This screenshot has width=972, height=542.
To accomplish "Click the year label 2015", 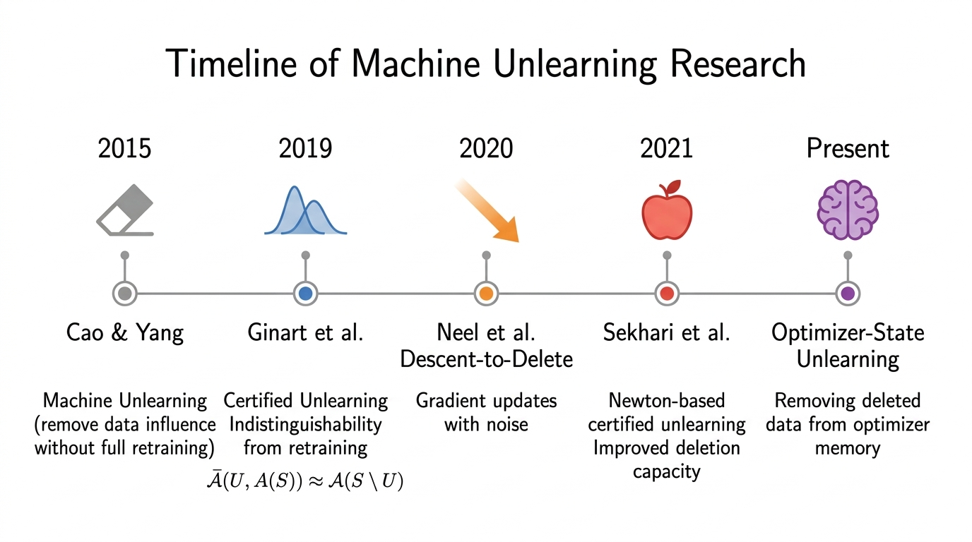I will [125, 148].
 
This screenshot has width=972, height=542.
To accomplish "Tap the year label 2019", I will [305, 148].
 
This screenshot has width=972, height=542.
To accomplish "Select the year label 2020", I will [486, 148].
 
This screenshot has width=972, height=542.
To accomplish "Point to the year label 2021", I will [666, 148].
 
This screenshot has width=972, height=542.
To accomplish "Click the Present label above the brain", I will [848, 148].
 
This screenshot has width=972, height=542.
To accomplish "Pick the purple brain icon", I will [848, 210].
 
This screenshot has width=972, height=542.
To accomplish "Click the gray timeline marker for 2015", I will [125, 294].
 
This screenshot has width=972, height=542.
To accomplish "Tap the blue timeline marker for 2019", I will [305, 294].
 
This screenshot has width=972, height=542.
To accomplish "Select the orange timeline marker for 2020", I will [486, 294].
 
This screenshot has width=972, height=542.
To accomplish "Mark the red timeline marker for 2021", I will [666, 294].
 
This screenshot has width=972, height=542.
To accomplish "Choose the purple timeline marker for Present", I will [848, 294].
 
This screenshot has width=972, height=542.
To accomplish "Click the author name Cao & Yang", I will [125, 332].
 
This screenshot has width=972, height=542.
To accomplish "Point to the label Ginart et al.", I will [305, 332].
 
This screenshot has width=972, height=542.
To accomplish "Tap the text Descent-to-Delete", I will [486, 359].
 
